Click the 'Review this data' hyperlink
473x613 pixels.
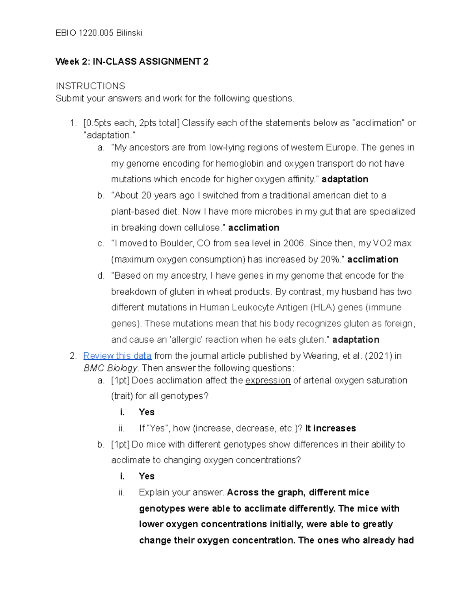click(117, 356)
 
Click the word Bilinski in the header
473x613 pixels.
click(129, 33)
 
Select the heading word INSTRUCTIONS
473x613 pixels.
click(90, 86)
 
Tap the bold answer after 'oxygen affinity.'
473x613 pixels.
click(345, 179)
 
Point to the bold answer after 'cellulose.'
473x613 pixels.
click(253, 228)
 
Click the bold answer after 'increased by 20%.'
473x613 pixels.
click(372, 259)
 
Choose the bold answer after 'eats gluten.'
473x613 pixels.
click(356, 340)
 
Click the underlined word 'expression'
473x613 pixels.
click(268, 381)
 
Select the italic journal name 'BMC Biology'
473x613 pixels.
click(110, 368)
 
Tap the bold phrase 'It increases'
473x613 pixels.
click(331, 428)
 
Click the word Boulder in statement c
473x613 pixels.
click(177, 244)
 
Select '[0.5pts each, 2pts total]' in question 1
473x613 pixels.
click(131, 123)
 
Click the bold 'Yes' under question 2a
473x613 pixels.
click(147, 412)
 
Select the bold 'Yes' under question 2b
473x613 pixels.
click(147, 476)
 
